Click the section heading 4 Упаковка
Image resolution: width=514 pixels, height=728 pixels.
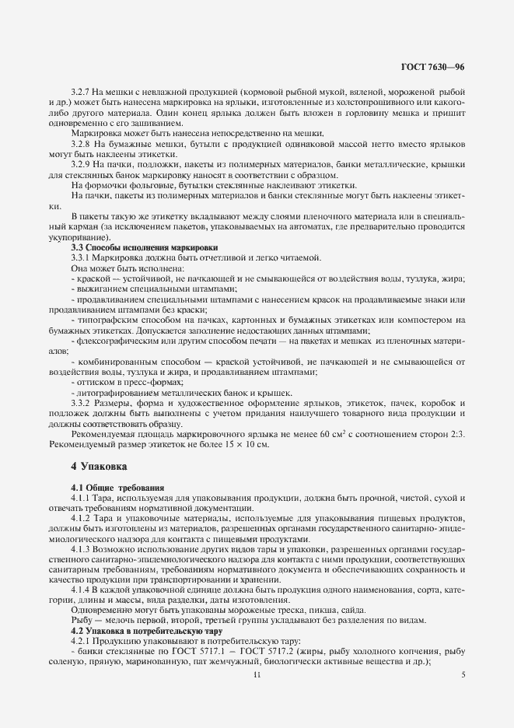pos(99,467)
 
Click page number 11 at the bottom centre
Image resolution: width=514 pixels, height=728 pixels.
pos(257,676)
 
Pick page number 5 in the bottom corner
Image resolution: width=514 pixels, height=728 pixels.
pos(463,676)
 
